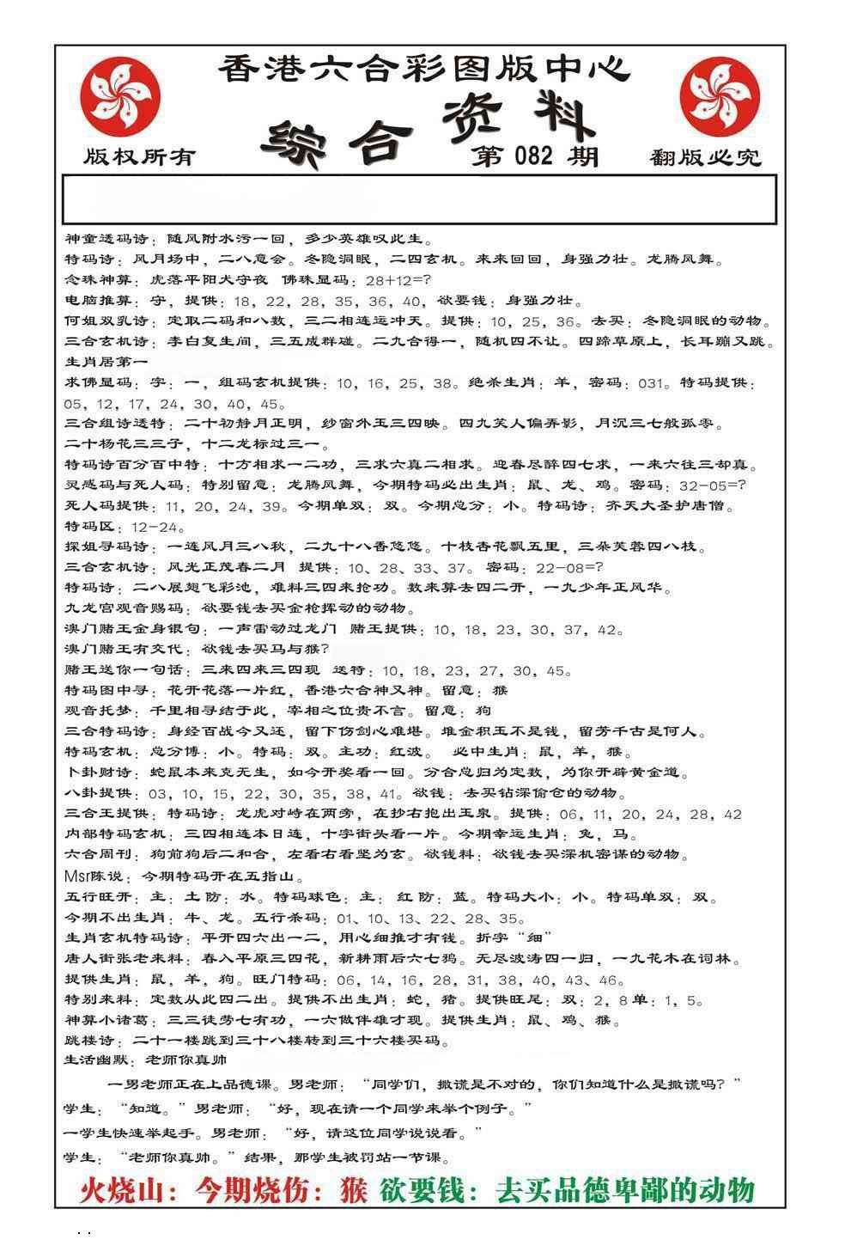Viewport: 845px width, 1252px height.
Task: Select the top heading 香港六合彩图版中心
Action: coord(423,68)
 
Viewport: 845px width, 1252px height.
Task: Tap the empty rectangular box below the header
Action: coord(420,199)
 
